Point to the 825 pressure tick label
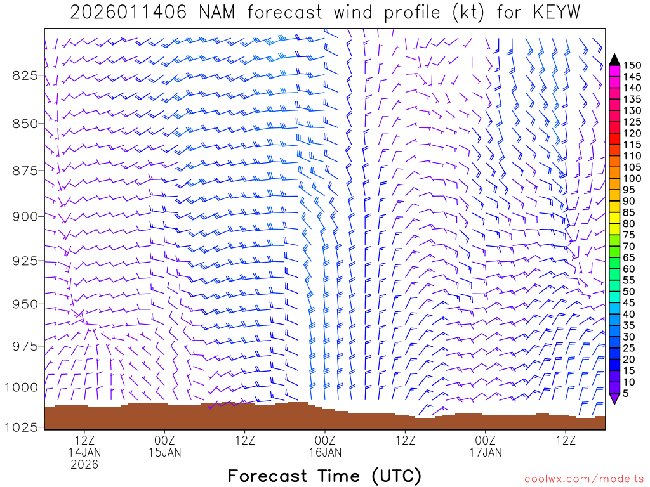[25, 75]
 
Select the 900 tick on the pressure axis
[25, 216]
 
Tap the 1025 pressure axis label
[22, 427]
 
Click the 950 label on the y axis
[25, 304]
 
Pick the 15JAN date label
[164, 452]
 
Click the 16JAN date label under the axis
[325, 452]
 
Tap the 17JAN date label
[486, 452]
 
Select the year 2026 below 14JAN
[84, 464]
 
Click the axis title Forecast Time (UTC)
[324, 476]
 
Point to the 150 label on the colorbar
[632, 65]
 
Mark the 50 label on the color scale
[629, 291]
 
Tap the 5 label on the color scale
[627, 393]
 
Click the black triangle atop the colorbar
[614, 60]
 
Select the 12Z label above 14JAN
[84, 440]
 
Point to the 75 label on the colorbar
[629, 235]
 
